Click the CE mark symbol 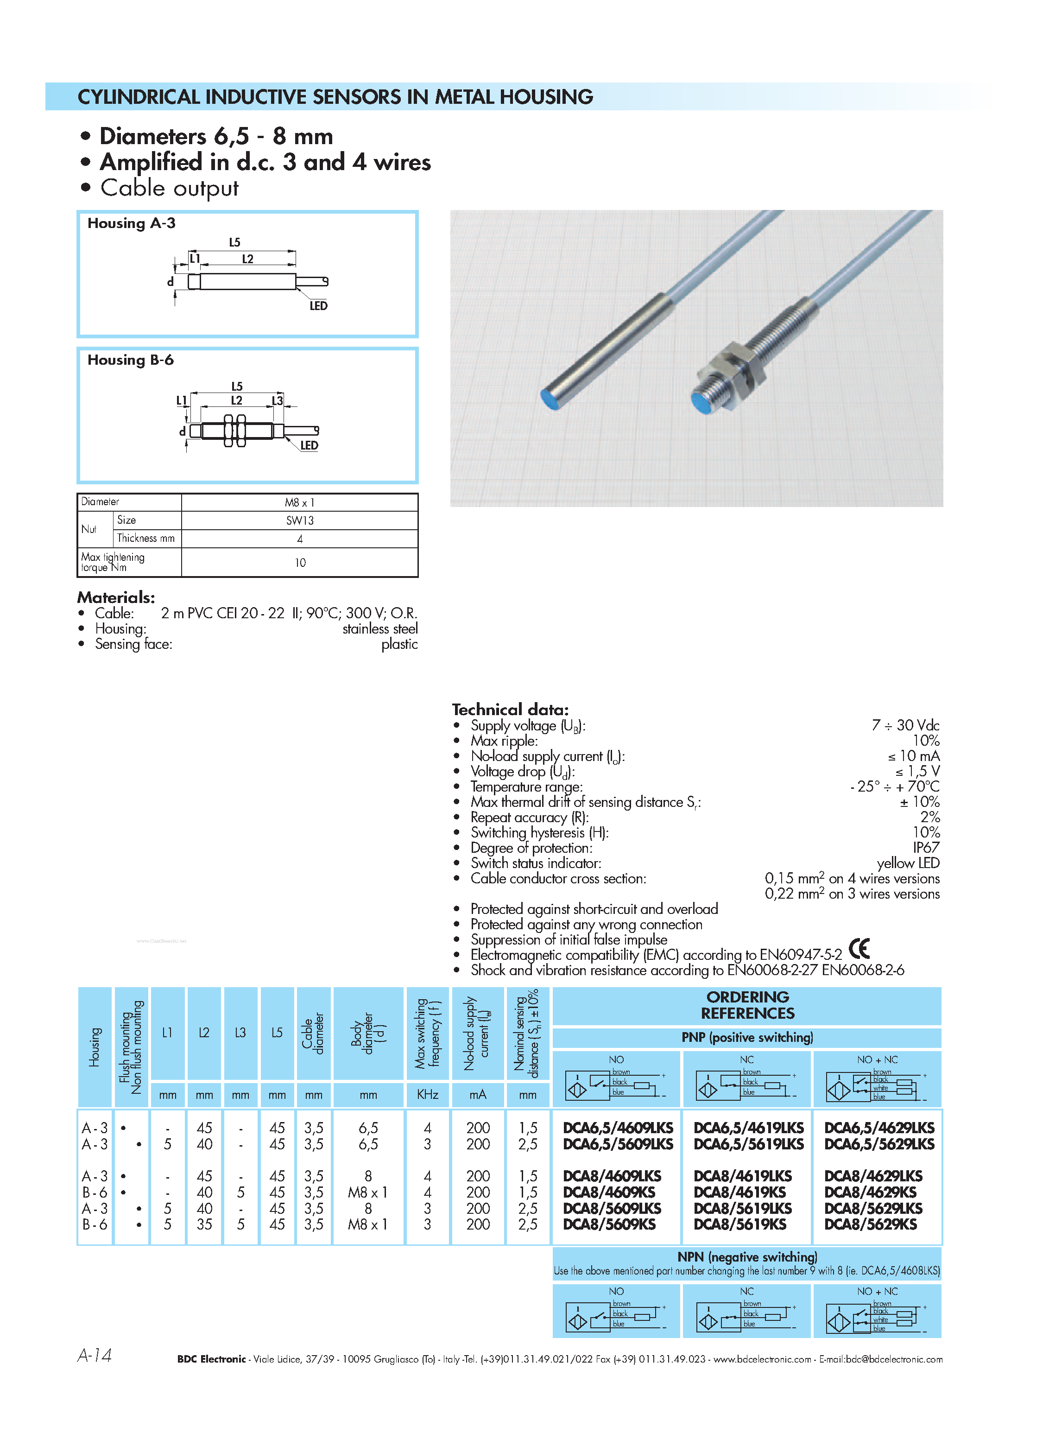point(859,949)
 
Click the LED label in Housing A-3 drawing point(318,306)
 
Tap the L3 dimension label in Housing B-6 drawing point(277,400)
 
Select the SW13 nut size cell point(299,520)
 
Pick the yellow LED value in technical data point(908,863)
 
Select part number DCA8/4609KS point(609,1192)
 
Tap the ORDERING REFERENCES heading point(747,1005)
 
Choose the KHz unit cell point(427,1095)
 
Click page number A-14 point(95,1356)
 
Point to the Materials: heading point(116,597)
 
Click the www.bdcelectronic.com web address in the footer point(762,1359)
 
